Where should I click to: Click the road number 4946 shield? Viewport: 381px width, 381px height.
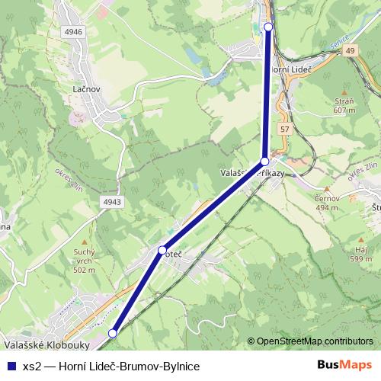[x=74, y=33]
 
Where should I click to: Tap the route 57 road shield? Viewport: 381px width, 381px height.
[x=283, y=130]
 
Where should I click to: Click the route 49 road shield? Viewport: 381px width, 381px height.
[x=350, y=50]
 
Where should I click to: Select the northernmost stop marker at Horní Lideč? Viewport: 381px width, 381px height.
[x=268, y=27]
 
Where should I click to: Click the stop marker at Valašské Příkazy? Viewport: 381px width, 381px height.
[x=264, y=162]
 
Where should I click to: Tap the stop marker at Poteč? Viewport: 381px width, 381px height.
[x=162, y=250]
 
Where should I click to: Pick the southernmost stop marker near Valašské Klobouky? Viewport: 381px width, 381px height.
[x=113, y=333]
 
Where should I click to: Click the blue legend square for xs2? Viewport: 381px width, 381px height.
[x=11, y=367]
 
